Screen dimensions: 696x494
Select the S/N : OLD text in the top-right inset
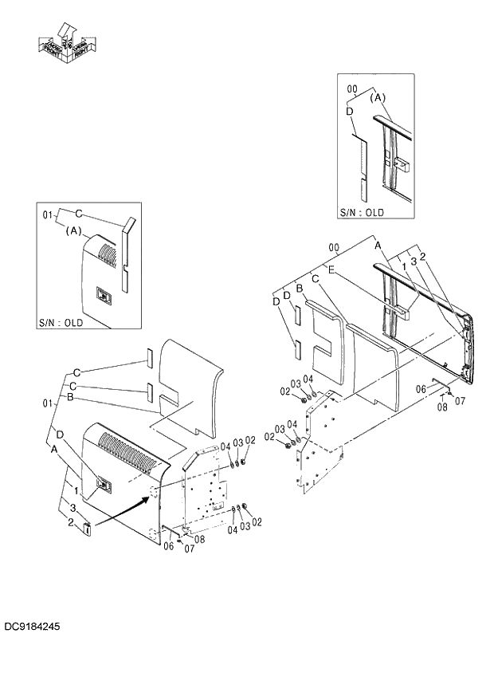(x=362, y=212)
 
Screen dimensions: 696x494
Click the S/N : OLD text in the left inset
(x=61, y=323)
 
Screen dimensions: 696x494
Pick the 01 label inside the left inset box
(x=46, y=215)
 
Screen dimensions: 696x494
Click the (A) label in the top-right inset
(x=378, y=98)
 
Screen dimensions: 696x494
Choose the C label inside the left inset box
(x=79, y=213)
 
